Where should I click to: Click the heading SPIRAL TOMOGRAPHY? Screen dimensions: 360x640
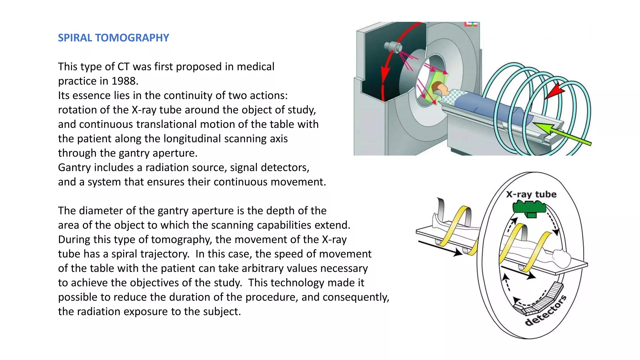pyautogui.click(x=113, y=38)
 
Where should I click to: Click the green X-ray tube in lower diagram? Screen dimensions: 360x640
pyautogui.click(x=529, y=208)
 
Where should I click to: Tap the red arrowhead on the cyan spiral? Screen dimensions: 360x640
pyautogui.click(x=555, y=91)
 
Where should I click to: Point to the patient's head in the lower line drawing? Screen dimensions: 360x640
pyautogui.click(x=561, y=258)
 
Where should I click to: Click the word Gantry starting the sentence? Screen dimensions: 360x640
pyautogui.click(x=74, y=168)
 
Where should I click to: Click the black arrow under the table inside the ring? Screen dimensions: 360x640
pyautogui.click(x=519, y=272)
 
